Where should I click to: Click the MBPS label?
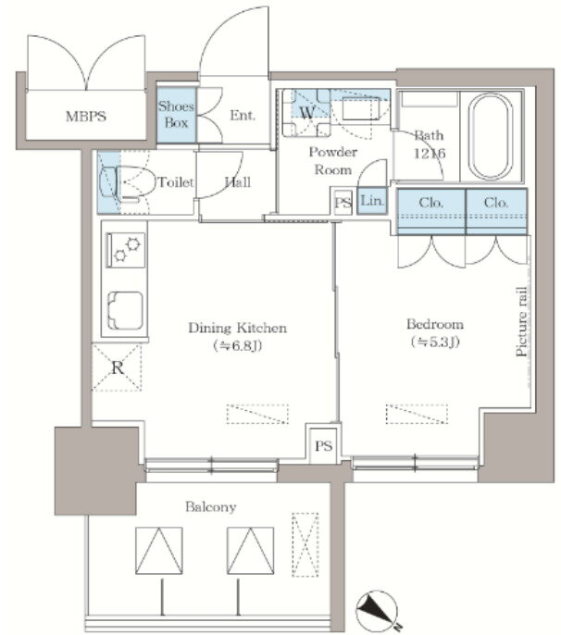click(86, 117)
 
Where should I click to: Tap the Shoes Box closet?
click(176, 116)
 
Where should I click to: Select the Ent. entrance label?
click(243, 116)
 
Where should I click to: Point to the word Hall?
click(238, 182)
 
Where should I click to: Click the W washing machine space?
click(306, 112)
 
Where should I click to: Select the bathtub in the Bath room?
click(490, 137)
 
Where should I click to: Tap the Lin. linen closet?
click(372, 201)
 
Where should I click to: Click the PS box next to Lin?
click(343, 202)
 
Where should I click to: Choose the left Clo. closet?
click(431, 211)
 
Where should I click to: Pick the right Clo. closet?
click(496, 211)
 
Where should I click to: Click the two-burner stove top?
click(126, 250)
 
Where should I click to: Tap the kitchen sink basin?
click(125, 310)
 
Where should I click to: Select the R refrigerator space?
click(117, 367)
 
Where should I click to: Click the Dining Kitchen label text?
click(237, 328)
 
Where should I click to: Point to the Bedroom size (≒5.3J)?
click(435, 342)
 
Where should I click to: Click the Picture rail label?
click(522, 321)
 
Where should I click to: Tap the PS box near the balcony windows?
click(323, 446)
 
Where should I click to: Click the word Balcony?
click(211, 507)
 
